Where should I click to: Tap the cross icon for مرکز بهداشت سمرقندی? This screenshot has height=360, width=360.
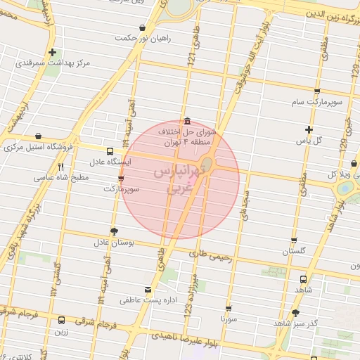click(53, 52)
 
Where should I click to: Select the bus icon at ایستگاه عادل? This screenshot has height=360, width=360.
click(109, 150)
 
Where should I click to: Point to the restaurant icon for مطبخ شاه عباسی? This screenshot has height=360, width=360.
click(61, 167)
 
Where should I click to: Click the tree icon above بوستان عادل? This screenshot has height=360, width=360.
click(115, 231)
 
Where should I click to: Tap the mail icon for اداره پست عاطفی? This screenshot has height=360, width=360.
click(147, 290)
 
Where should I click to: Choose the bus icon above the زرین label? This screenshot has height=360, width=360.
click(62, 320)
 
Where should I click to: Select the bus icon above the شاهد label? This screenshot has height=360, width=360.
click(303, 278)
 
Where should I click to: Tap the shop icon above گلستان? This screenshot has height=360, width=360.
click(294, 240)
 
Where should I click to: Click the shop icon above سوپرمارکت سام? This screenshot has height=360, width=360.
click(318, 91)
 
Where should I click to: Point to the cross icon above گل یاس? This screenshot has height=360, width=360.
click(309, 129)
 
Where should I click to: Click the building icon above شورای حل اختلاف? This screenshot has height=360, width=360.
click(186, 120)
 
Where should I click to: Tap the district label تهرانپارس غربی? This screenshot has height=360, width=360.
click(179, 179)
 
